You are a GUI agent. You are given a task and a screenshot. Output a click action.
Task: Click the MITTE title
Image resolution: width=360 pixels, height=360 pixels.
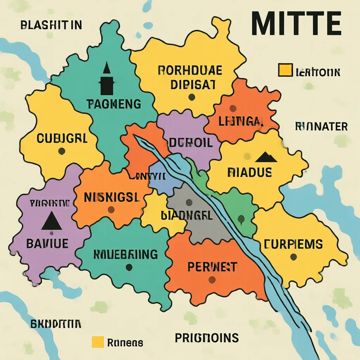pyautogui.click(x=296, y=24)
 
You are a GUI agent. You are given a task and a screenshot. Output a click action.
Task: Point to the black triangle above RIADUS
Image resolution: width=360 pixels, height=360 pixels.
pyautogui.click(x=266, y=157)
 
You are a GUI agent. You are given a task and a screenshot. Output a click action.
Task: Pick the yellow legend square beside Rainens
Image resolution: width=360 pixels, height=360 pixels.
pyautogui.click(x=97, y=342)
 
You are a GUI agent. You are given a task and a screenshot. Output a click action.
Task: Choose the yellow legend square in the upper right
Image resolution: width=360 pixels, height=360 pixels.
pyautogui.click(x=285, y=70)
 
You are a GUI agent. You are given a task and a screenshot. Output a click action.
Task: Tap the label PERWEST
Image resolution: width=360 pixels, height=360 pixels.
pyautogui.click(x=212, y=267)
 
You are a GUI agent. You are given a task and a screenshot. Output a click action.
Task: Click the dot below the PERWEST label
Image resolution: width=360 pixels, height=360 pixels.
pyautogui.click(x=212, y=280)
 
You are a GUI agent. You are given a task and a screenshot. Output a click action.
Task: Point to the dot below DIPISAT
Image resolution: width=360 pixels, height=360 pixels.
pyautogui.click(x=192, y=97)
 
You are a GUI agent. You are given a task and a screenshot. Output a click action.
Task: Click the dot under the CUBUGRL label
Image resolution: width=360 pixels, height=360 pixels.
pyautogui.click(x=62, y=151)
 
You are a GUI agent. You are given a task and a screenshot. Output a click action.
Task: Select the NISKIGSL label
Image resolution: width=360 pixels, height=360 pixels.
pyautogui.click(x=112, y=197)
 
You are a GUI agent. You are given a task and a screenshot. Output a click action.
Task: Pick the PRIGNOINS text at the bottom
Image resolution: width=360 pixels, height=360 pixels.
pyautogui.click(x=207, y=338)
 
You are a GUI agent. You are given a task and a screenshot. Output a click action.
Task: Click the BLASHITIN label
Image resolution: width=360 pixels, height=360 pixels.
pyautogui.click(x=51, y=25)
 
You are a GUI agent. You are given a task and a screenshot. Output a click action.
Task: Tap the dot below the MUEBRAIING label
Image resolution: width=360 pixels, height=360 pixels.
pyautogui.click(x=129, y=267)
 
